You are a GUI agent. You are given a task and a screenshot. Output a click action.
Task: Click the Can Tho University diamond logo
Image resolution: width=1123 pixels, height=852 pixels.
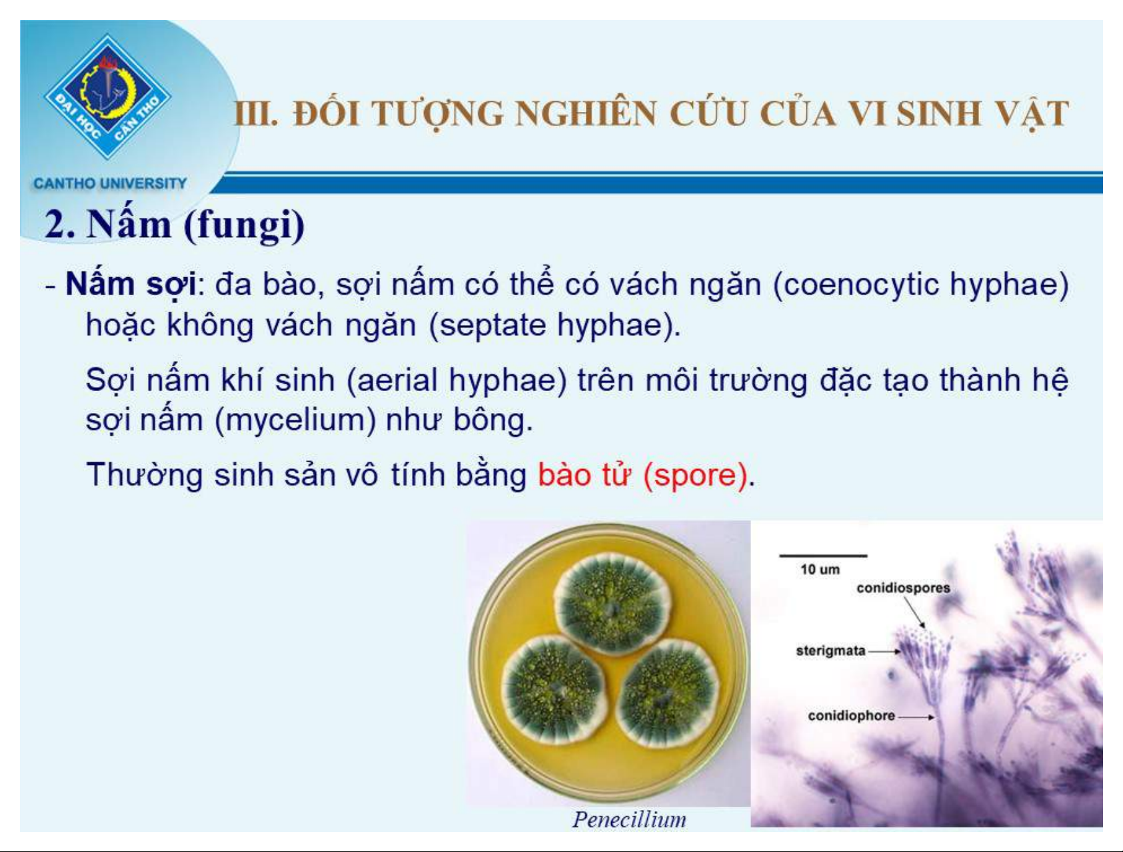tap(107, 97)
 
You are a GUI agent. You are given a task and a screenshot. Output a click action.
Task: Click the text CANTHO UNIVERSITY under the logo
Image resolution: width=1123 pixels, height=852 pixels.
tap(110, 183)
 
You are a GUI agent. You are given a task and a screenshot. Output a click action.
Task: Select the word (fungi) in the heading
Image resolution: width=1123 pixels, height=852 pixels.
tap(244, 224)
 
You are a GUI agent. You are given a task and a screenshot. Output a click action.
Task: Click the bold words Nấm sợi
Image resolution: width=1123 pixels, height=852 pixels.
tap(131, 285)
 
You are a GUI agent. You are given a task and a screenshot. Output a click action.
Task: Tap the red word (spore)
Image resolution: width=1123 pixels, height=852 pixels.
tap(695, 476)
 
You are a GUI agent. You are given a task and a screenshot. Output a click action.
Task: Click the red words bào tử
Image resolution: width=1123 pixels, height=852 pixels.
tap(584, 475)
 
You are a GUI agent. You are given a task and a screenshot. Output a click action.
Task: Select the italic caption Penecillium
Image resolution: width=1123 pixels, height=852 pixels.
tap(629, 819)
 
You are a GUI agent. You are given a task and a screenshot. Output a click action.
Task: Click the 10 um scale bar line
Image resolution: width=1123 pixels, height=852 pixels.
tap(823, 555)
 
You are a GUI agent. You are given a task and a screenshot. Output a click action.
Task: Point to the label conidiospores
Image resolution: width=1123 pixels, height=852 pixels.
tap(903, 588)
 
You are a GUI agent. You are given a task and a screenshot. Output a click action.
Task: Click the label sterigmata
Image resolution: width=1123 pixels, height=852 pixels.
tap(830, 651)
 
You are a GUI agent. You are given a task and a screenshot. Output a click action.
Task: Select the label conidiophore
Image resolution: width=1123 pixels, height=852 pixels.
tap(851, 715)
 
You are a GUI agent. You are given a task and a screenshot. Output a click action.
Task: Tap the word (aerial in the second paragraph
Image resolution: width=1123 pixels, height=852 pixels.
tap(393, 381)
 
